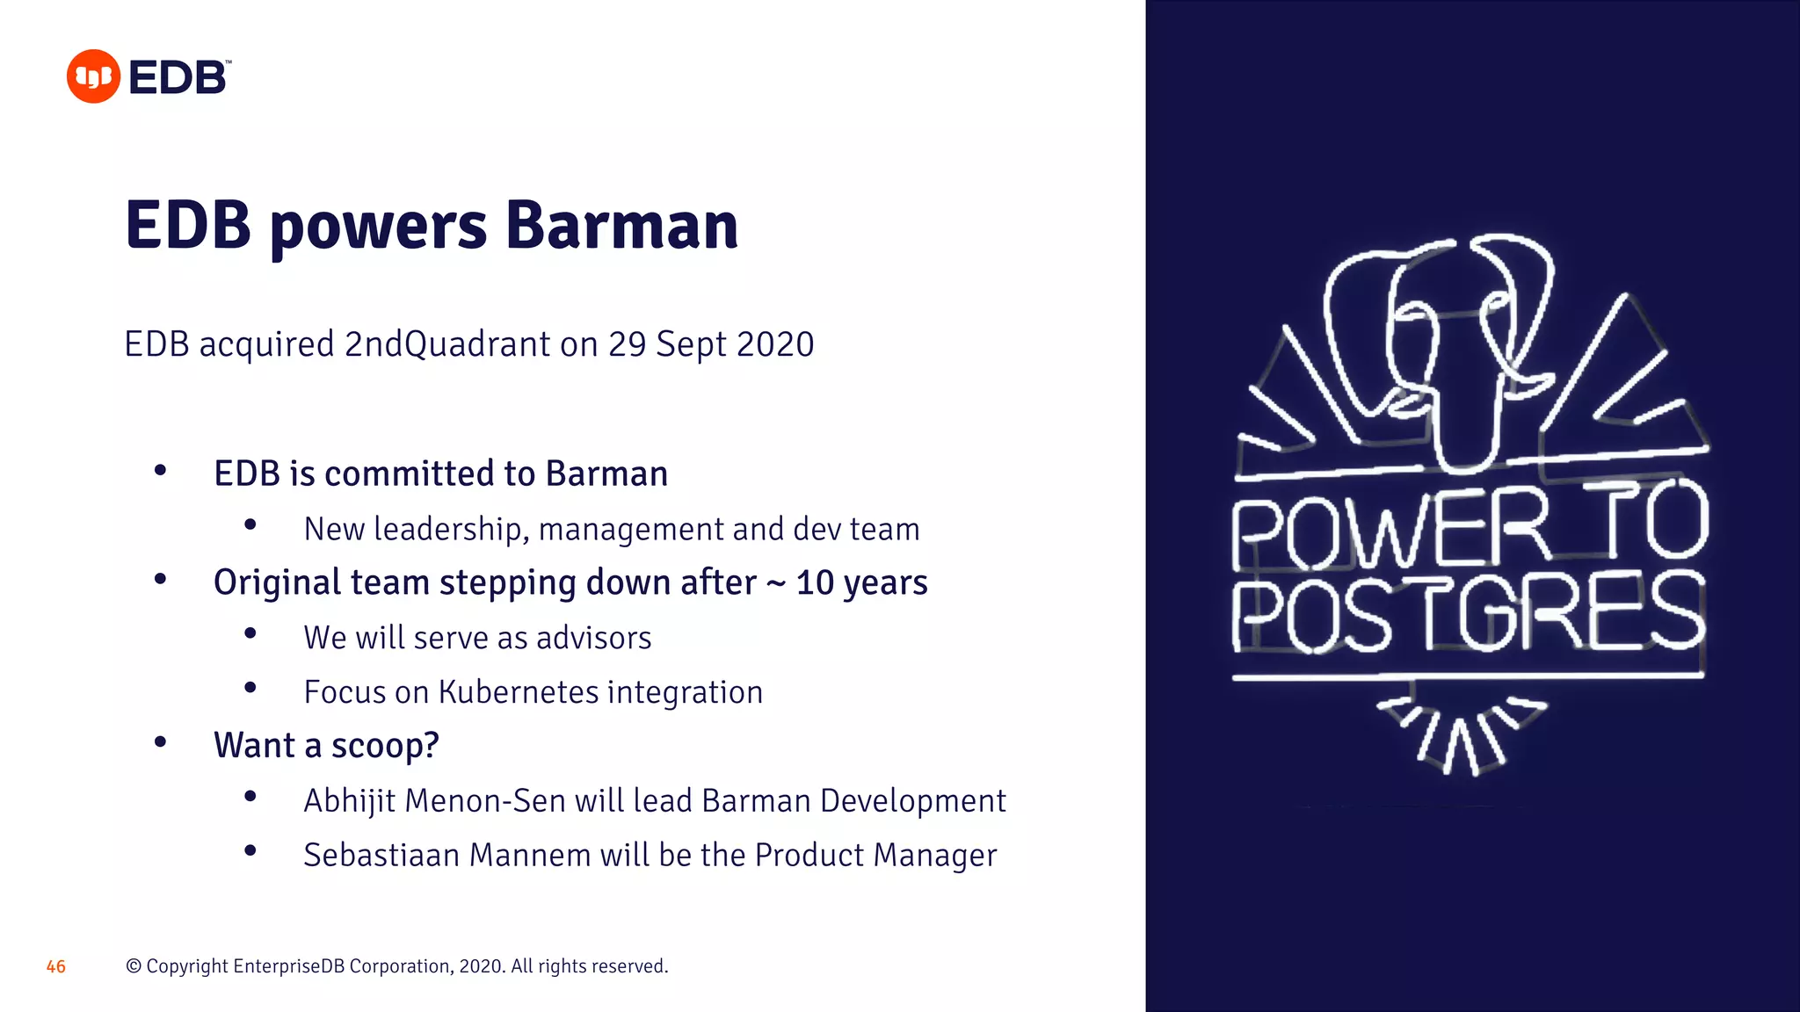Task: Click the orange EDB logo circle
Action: click(93, 76)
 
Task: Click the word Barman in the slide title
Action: click(621, 226)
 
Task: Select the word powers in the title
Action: click(378, 228)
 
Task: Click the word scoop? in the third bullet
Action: click(385, 746)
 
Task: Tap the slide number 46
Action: click(56, 966)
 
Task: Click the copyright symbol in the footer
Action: click(134, 966)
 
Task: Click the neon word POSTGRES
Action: click(1468, 612)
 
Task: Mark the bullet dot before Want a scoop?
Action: click(160, 742)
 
